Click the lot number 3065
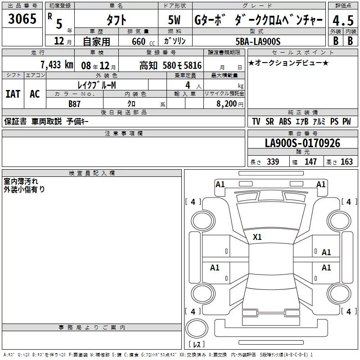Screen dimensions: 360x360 (22, 19)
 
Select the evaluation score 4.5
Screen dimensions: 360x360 (343, 20)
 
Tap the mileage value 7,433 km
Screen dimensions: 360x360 (57, 65)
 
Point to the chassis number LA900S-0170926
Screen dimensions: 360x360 (302, 143)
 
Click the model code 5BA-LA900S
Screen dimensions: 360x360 (258, 41)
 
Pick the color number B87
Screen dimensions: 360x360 (74, 104)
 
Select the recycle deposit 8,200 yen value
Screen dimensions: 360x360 (230, 104)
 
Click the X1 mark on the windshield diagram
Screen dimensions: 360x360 (257, 237)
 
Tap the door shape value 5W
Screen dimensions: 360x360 (175, 20)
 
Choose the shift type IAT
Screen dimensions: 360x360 (13, 94)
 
